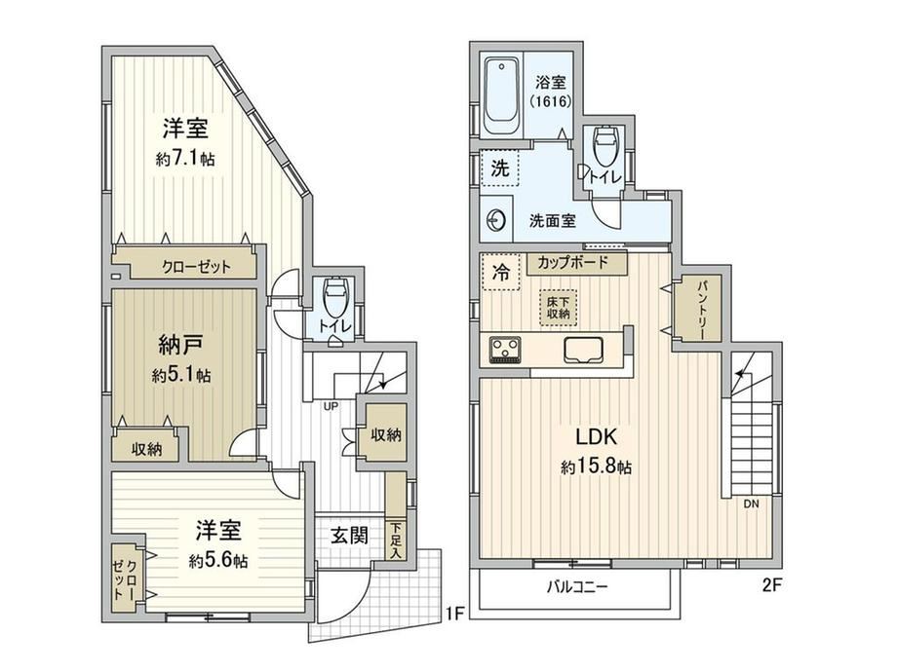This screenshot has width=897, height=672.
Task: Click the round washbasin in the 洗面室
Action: [495, 219]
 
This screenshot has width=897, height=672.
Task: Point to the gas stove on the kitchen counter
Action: [505, 350]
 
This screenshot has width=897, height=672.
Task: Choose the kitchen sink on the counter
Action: [583, 350]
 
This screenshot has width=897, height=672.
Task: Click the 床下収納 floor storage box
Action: [559, 308]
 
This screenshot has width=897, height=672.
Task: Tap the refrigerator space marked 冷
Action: [500, 272]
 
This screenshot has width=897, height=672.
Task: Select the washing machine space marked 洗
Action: [500, 168]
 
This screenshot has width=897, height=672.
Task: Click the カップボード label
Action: [572, 263]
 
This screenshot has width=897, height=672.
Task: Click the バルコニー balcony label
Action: [576, 587]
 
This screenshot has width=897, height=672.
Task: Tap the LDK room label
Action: [596, 437]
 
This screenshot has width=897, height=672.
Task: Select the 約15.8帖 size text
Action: [596, 467]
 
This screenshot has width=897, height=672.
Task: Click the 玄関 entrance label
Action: [349, 536]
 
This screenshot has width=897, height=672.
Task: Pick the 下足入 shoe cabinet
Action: [395, 540]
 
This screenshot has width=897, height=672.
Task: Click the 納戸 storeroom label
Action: [180, 345]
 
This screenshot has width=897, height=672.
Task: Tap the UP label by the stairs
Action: [331, 406]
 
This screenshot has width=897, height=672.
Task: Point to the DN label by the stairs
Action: [751, 504]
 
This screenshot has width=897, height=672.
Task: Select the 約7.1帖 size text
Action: [185, 159]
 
